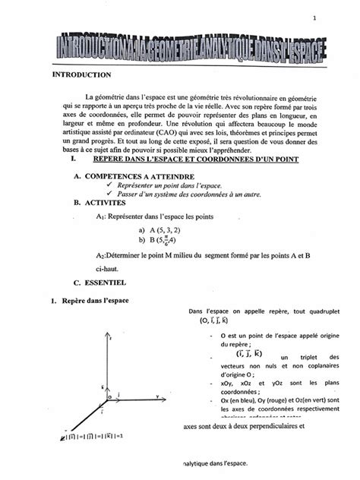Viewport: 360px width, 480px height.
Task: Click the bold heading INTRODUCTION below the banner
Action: (x=81, y=74)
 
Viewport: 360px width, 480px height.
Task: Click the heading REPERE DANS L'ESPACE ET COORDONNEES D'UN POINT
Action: (x=195, y=159)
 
